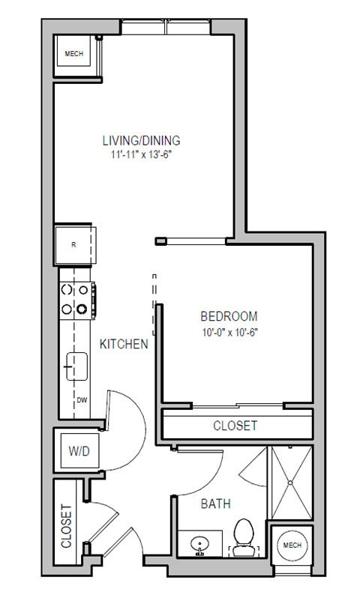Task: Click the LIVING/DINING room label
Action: [142, 140]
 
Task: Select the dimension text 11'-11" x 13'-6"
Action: [142, 154]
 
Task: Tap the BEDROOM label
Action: [229, 316]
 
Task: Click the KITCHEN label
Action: [124, 344]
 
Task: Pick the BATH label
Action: [214, 504]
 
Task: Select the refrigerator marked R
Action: [74, 244]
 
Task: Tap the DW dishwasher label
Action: [80, 399]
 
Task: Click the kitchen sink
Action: [76, 366]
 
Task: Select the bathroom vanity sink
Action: [199, 543]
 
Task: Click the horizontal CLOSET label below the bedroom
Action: [235, 426]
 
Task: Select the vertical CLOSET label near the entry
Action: [66, 525]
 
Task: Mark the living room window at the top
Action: [167, 28]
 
